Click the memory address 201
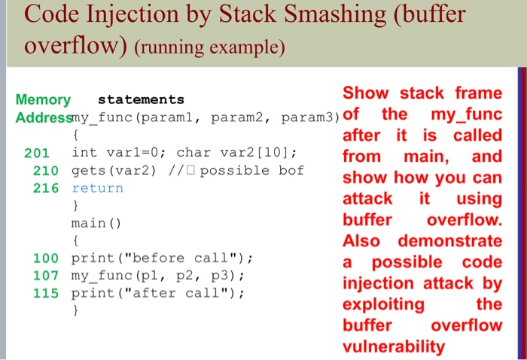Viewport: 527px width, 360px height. pos(37,154)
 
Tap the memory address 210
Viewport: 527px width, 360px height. pos(46,171)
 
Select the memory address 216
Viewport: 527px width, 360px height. pos(46,188)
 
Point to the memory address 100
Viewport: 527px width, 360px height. pos(46,258)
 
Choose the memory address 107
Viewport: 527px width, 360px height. pos(46,276)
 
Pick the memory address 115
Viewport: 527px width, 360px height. pos(46,293)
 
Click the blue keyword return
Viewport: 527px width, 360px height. pos(97,188)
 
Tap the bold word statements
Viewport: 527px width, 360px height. pos(141,99)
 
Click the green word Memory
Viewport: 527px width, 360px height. pos(43,100)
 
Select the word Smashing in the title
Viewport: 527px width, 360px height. pos(335,14)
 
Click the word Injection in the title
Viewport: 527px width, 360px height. pos(133,15)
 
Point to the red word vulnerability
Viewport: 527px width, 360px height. pos(394,346)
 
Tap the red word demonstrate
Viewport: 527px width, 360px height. pos(450,241)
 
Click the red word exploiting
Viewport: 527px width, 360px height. pos(383,305)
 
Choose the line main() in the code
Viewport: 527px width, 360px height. pos(96,223)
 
